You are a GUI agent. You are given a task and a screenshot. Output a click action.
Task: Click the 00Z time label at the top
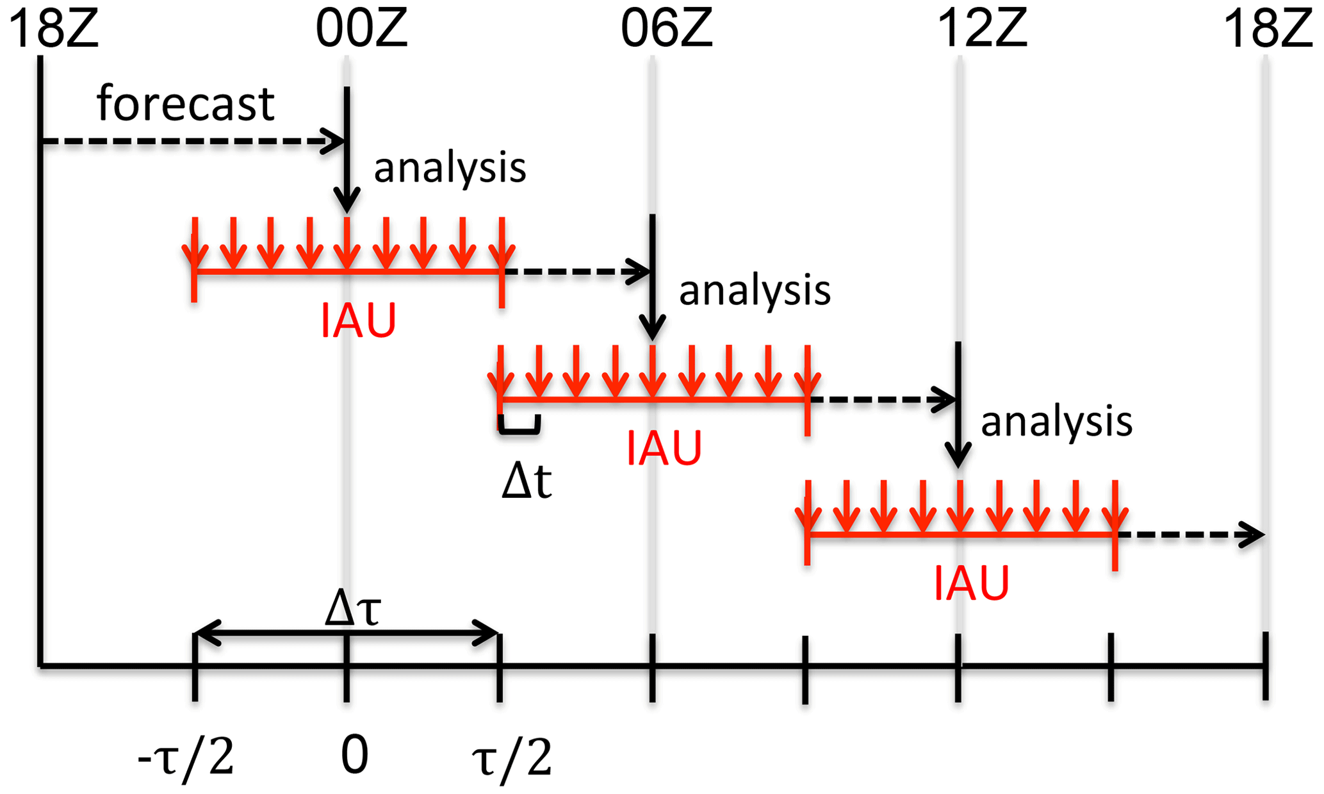(361, 29)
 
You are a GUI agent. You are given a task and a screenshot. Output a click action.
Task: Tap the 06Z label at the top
(666, 29)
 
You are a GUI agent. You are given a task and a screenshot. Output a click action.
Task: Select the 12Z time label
(981, 29)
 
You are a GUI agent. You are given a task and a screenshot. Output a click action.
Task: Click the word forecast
(185, 103)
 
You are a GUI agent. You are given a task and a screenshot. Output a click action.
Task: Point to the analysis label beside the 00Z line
(450, 167)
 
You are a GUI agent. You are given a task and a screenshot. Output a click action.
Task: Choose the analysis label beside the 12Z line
(1056, 422)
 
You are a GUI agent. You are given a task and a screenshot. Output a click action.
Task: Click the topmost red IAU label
(358, 320)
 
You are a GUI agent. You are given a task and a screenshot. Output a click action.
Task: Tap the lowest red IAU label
(971, 583)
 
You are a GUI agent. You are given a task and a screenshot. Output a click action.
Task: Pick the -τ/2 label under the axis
(186, 757)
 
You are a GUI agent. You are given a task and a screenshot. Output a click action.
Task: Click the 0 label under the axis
(354, 755)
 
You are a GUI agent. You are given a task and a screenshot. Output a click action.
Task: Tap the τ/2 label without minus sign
(511, 757)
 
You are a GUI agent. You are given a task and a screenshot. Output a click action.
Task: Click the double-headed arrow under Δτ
(347, 633)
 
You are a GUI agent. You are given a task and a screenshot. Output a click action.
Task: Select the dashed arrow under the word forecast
(192, 141)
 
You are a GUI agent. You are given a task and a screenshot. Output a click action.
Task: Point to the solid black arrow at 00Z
(347, 151)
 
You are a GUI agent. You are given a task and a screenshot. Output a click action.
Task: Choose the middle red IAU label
(664, 448)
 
